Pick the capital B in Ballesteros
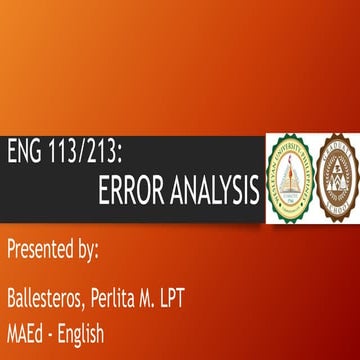(12, 297)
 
